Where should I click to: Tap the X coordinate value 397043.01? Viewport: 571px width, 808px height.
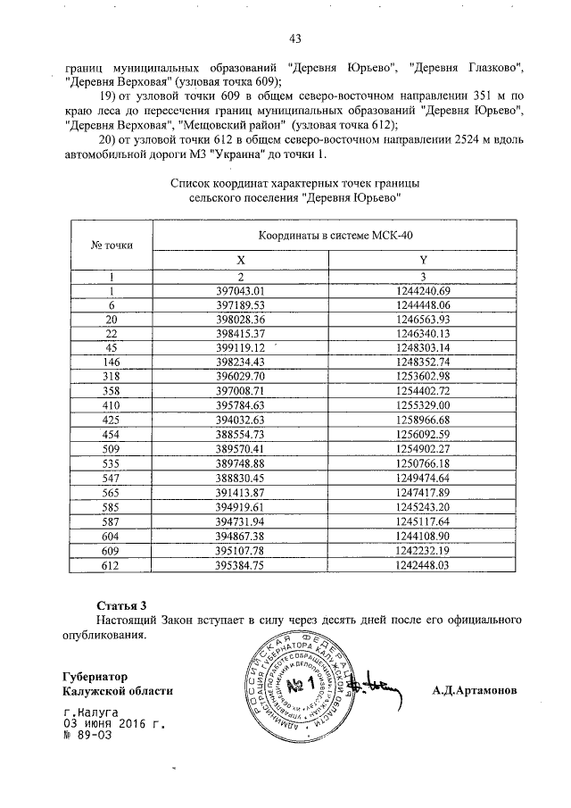coord(242,291)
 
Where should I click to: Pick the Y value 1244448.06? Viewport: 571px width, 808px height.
coord(425,304)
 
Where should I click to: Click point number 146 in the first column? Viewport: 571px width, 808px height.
coord(112,362)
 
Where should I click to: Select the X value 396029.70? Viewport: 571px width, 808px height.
coord(242,376)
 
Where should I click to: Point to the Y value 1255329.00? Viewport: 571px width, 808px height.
coord(425,404)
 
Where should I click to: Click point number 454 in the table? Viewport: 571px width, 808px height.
coord(112,433)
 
